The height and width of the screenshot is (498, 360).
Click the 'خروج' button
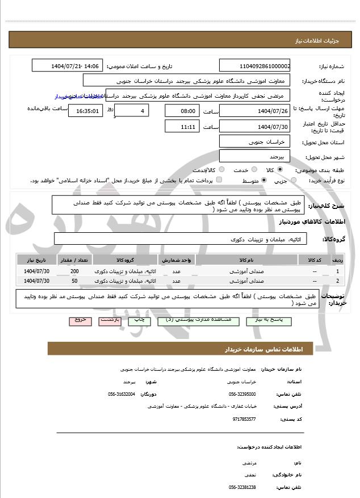(x=80, y=320)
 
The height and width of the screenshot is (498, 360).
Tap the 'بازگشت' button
(x=109, y=320)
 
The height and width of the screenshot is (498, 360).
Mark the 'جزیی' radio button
(x=294, y=181)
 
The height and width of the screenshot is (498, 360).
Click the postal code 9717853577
(x=244, y=419)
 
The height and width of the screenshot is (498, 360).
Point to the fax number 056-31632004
(x=122, y=394)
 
